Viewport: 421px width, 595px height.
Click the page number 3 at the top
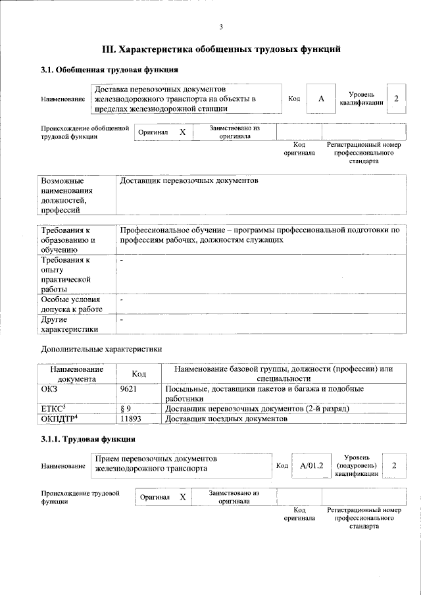click(222, 26)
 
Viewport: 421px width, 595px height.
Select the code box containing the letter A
click(321, 99)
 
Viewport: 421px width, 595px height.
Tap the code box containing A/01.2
click(311, 466)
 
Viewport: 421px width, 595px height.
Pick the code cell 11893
click(131, 419)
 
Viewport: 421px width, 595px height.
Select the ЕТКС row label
click(53, 409)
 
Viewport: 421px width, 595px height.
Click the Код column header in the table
click(138, 374)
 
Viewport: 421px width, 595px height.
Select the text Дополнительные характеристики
click(101, 349)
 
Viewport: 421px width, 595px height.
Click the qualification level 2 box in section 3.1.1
click(394, 466)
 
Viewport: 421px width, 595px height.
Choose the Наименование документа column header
click(76, 374)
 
